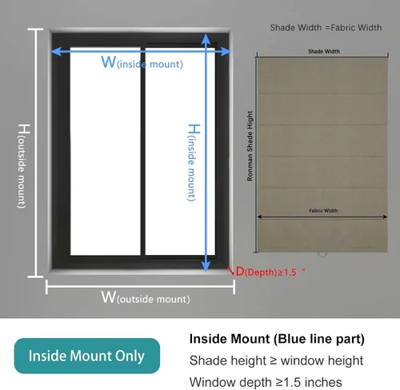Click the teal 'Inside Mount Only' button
coord(87,356)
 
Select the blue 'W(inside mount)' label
coord(142,62)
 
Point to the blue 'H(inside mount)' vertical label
coord(193,162)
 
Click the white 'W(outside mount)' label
coord(146,297)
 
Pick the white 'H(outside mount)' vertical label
coord(23,166)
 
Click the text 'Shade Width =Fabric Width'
coord(326,28)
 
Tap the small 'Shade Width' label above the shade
coord(324,51)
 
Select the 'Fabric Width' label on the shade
coord(323,210)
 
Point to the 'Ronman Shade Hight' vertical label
coord(250,146)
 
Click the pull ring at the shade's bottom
coord(322,254)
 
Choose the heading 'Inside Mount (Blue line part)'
coord(277,339)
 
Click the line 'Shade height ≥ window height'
coord(276,360)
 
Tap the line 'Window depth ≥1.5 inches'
coord(266,382)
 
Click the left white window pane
coord(106,151)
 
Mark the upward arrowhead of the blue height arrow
coord(206,39)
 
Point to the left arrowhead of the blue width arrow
coord(56,51)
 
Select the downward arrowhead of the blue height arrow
coord(206,266)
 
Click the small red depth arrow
coord(230,270)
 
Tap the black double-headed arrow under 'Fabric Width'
coord(322,217)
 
